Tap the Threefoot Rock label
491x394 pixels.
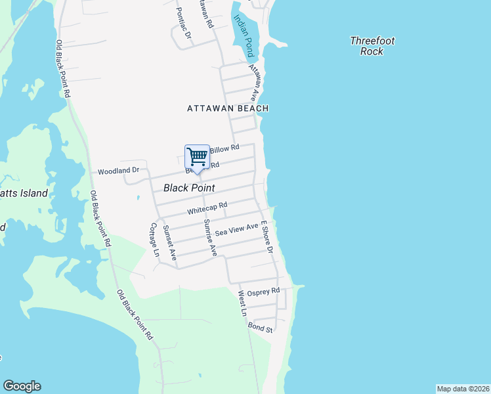click(x=372, y=46)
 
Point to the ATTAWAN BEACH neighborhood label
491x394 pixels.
click(x=228, y=108)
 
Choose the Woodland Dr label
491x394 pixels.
click(x=118, y=171)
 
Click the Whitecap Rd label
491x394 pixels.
click(x=207, y=209)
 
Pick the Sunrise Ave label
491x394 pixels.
click(x=210, y=237)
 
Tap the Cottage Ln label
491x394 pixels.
click(x=155, y=240)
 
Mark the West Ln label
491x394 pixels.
click(x=242, y=304)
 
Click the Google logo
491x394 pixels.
click(x=22, y=386)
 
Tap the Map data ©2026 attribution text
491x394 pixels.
click(x=463, y=389)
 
